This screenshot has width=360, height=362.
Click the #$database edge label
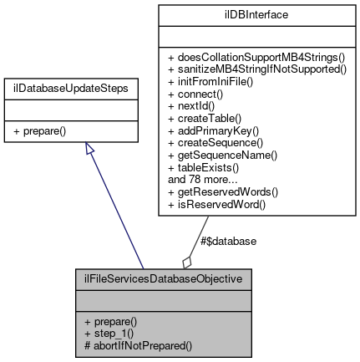(228, 241)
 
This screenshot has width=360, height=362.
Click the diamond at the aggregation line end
(187, 261)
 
